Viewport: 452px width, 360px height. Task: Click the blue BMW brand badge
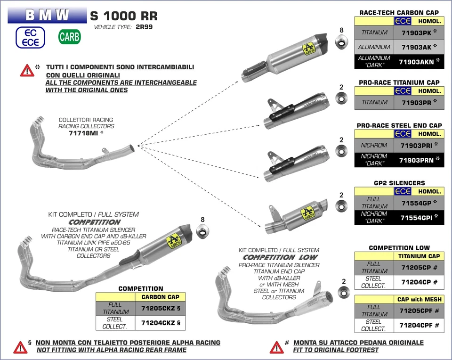click(x=47, y=15)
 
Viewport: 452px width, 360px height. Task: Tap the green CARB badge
click(x=69, y=37)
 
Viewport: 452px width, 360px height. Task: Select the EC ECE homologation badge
click(x=30, y=37)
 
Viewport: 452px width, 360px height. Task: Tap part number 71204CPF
click(x=419, y=325)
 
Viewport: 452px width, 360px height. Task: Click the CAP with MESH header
click(x=419, y=299)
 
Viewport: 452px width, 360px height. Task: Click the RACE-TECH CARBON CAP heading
click(x=399, y=13)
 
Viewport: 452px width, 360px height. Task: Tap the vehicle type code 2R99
click(x=144, y=27)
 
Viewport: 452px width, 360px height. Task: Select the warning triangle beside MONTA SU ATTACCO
click(x=276, y=347)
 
